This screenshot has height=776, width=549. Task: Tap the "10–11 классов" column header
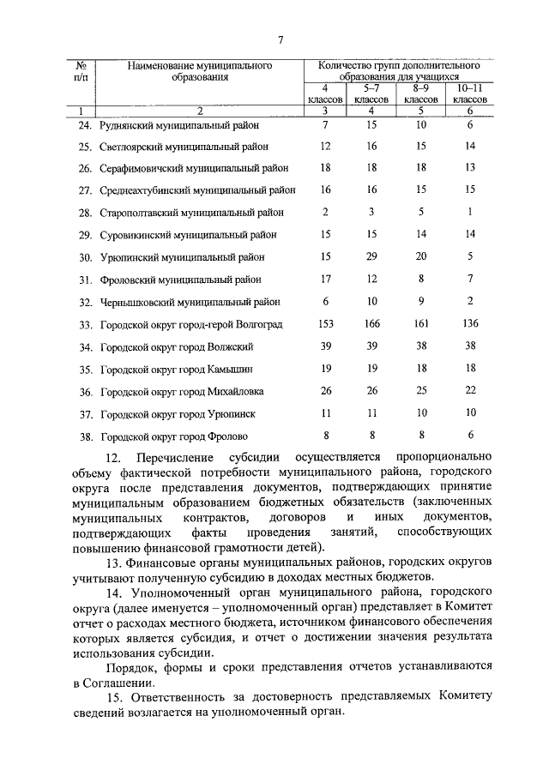coord(470,93)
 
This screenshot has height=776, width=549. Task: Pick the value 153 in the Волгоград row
coord(325,324)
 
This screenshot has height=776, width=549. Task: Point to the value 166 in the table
coord(371,324)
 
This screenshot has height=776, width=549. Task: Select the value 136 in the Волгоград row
coord(470,324)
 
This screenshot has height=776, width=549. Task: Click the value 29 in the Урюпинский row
coord(371,256)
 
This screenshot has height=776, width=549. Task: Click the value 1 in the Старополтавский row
coord(470,212)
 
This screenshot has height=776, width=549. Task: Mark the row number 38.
coord(84,436)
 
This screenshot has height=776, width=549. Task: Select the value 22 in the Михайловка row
coord(470,391)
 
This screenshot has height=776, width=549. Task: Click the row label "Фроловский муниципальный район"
coord(181,280)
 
